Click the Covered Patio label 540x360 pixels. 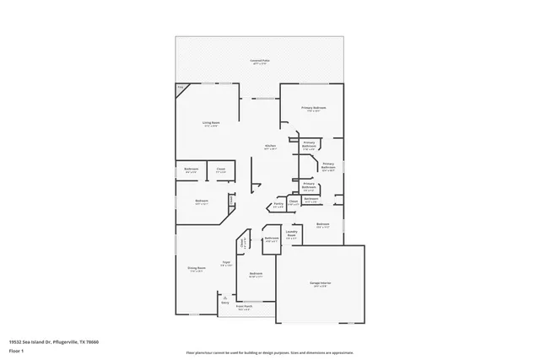[x=259, y=62]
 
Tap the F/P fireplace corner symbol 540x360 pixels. [x=181, y=88]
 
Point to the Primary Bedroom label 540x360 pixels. [x=315, y=110]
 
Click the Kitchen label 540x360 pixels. [x=271, y=147]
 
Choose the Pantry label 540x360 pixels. [x=278, y=204]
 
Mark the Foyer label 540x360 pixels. [x=226, y=263]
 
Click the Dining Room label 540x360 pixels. [x=196, y=269]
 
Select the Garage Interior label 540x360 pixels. [x=321, y=286]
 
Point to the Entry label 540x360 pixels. [x=225, y=303]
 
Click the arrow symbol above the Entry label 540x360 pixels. [x=225, y=297]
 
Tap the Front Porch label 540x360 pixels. [x=245, y=309]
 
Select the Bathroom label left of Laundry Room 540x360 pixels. [x=271, y=239]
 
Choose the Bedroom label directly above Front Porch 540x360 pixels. [x=256, y=274]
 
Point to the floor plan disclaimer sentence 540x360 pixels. [x=269, y=352]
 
